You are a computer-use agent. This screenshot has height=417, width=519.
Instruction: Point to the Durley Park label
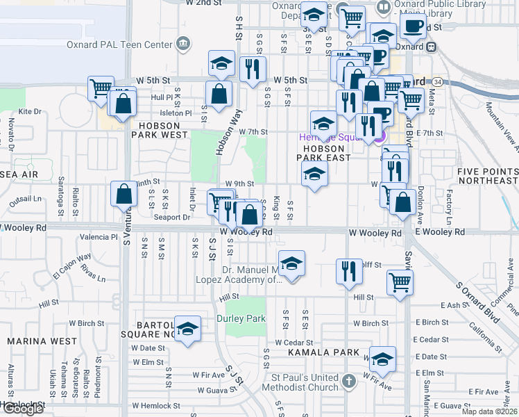[246, 319]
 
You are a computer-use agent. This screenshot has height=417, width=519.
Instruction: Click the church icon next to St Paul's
[348, 382]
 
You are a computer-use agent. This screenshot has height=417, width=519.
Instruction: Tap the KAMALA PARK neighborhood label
[330, 353]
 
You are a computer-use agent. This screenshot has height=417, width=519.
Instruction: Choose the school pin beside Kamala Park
[382, 359]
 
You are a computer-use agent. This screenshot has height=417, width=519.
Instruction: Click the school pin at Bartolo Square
[187, 329]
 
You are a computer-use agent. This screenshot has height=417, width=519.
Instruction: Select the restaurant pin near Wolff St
[349, 270]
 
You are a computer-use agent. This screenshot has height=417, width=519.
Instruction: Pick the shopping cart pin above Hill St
[400, 283]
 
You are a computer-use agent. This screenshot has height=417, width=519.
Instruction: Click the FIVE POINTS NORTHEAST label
[486, 175]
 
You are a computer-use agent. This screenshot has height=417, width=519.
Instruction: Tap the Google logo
[22, 408]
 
